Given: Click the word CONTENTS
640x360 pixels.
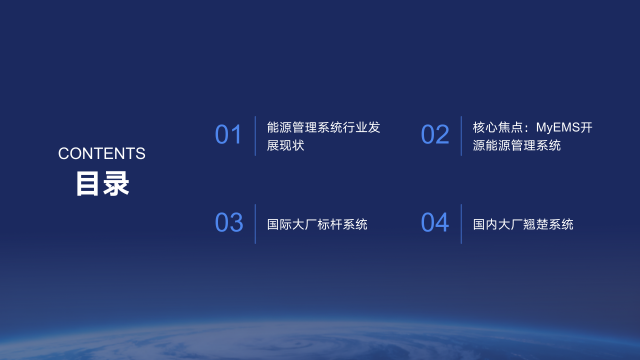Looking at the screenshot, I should (102, 153).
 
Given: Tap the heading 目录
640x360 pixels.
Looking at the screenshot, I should (102, 185).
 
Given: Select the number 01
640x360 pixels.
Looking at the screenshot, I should (229, 135).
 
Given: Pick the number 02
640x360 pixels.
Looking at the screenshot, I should (435, 135).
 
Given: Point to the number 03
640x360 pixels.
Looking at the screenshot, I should (229, 223).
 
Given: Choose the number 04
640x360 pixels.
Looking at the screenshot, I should (435, 223).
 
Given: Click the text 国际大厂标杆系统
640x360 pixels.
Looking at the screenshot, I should (317, 224).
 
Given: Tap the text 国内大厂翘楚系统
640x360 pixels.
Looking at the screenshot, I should (523, 224).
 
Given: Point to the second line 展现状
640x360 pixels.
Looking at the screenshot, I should (285, 145).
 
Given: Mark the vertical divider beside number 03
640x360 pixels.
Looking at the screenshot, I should (255, 223).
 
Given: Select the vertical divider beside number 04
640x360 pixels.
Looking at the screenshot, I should (461, 223).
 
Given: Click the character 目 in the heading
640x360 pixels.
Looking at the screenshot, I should (88, 185).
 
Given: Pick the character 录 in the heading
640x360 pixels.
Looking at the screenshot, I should (116, 185).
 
